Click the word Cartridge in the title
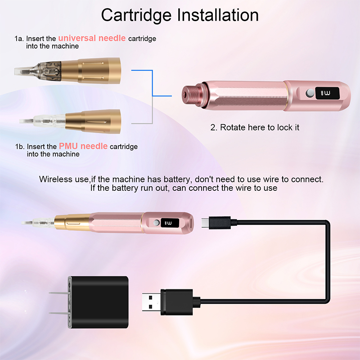click(136, 16)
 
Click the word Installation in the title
click(218, 15)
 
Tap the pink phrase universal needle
click(92, 38)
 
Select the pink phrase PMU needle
click(83, 146)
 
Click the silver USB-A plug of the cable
click(151, 302)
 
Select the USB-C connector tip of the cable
click(205, 223)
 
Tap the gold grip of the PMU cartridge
click(93, 121)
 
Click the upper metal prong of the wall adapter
click(59, 293)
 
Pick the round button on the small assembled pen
click(156, 223)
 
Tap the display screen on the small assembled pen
click(170, 223)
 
